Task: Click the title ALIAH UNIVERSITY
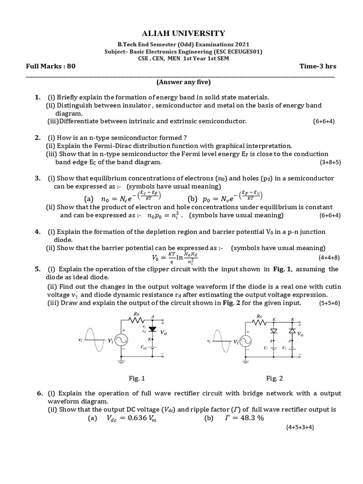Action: pos(181,33)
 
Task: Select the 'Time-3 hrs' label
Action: pos(318,66)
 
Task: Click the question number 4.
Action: pos(37,232)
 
